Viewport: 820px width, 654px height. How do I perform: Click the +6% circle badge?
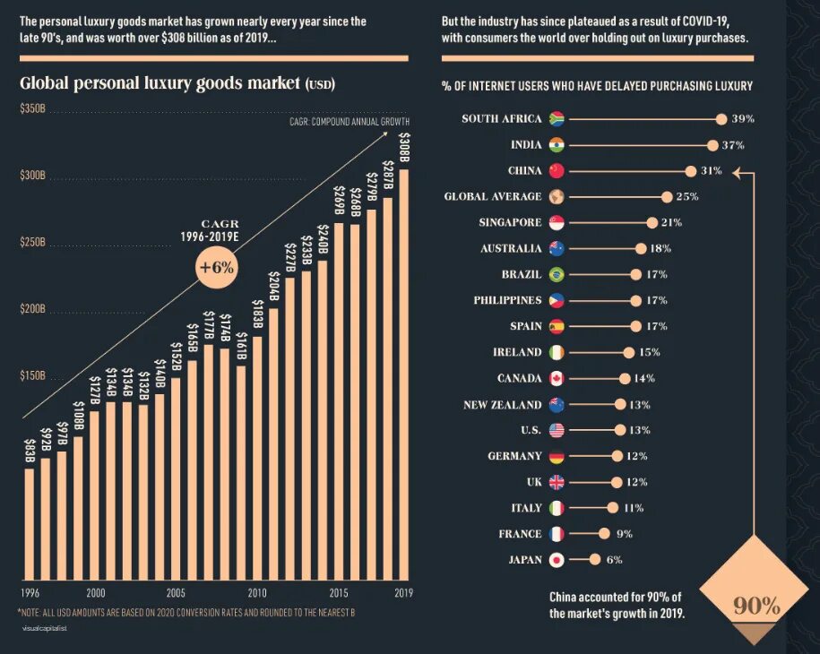coord(216,268)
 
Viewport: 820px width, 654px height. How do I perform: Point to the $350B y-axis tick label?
coord(32,108)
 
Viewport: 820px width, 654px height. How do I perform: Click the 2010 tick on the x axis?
coord(257,593)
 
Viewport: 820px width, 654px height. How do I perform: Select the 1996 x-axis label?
coord(30,593)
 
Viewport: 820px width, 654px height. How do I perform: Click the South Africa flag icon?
coord(555,119)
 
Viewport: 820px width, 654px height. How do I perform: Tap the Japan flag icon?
coord(556,560)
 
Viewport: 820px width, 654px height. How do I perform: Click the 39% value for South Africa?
coord(742,119)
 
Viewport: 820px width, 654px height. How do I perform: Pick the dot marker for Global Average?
coord(667,196)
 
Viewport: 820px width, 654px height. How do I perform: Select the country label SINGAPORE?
coord(510,222)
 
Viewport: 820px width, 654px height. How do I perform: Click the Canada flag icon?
coord(556,378)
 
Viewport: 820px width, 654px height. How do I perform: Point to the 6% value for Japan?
coord(613,560)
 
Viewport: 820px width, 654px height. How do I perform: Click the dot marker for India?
coord(712,145)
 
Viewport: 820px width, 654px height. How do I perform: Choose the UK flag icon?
coord(556,482)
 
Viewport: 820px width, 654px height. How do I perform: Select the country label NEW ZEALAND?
coord(502,405)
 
